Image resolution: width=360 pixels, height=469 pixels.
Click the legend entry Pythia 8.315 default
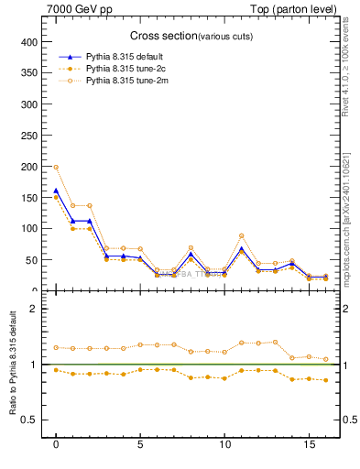coord(123,56)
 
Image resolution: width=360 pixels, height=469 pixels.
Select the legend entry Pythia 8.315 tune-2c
coord(123,69)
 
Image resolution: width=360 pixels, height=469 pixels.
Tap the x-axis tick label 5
coord(140,445)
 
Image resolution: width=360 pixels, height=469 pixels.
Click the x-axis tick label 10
coord(224,445)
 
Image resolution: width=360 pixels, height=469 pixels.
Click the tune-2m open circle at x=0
coord(56,168)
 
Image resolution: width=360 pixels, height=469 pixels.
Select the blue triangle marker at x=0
coord(56,191)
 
